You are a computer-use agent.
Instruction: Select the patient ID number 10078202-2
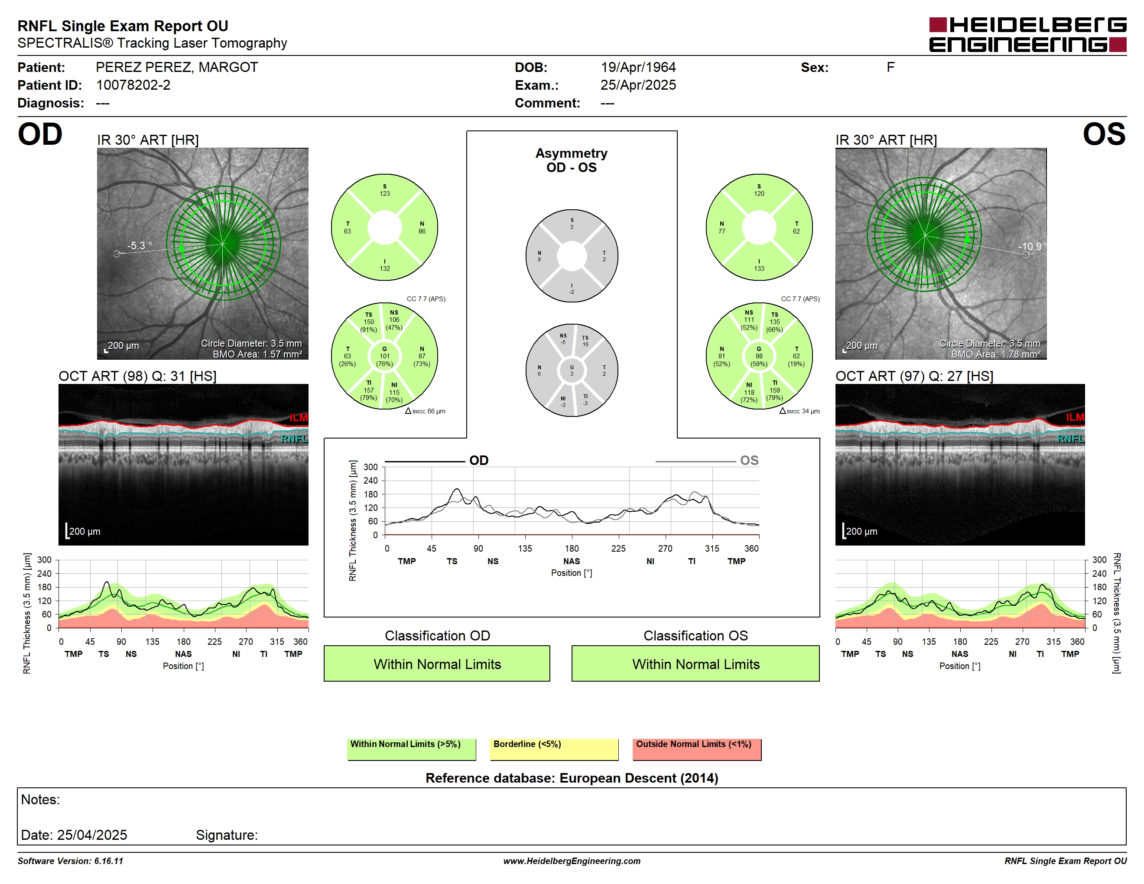coord(133,85)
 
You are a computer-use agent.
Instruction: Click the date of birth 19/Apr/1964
coord(638,67)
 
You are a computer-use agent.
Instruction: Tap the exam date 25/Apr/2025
coord(638,85)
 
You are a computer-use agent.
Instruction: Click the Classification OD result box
coord(437,663)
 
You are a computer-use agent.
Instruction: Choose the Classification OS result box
coord(695,663)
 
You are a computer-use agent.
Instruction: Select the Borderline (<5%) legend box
coord(554,749)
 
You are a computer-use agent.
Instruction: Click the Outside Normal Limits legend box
coord(697,749)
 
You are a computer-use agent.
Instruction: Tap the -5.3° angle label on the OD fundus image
coord(140,246)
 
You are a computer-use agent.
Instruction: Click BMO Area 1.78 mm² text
coord(995,354)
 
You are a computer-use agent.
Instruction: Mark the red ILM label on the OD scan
coord(299,417)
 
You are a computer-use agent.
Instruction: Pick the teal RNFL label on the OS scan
coord(1070,439)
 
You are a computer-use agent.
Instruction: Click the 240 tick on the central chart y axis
coord(370,481)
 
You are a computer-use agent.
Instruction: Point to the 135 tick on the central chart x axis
coord(525,548)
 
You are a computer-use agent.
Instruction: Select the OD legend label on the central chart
coord(479,460)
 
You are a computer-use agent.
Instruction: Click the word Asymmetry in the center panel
coord(572,153)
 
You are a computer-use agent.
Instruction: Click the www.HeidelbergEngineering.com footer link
coord(572,861)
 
